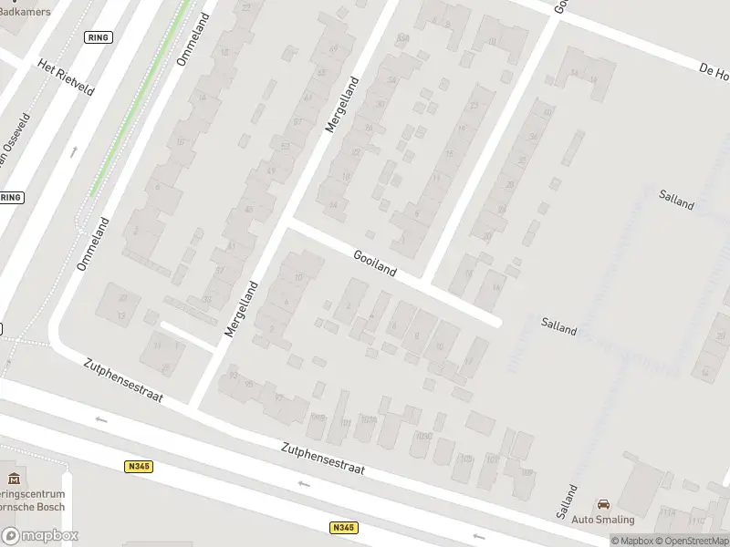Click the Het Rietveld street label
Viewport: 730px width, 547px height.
tap(65, 81)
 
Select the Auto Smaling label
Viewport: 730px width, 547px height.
tap(602, 520)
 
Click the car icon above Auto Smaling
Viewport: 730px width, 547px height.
tap(602, 504)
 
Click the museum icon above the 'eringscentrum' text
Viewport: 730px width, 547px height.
tap(13, 479)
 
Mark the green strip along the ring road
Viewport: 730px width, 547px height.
tap(141, 100)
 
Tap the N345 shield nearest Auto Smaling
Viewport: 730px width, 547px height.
tap(343, 528)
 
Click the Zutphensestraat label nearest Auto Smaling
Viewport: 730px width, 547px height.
tap(323, 459)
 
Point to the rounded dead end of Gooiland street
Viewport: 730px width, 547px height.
tap(495, 320)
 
